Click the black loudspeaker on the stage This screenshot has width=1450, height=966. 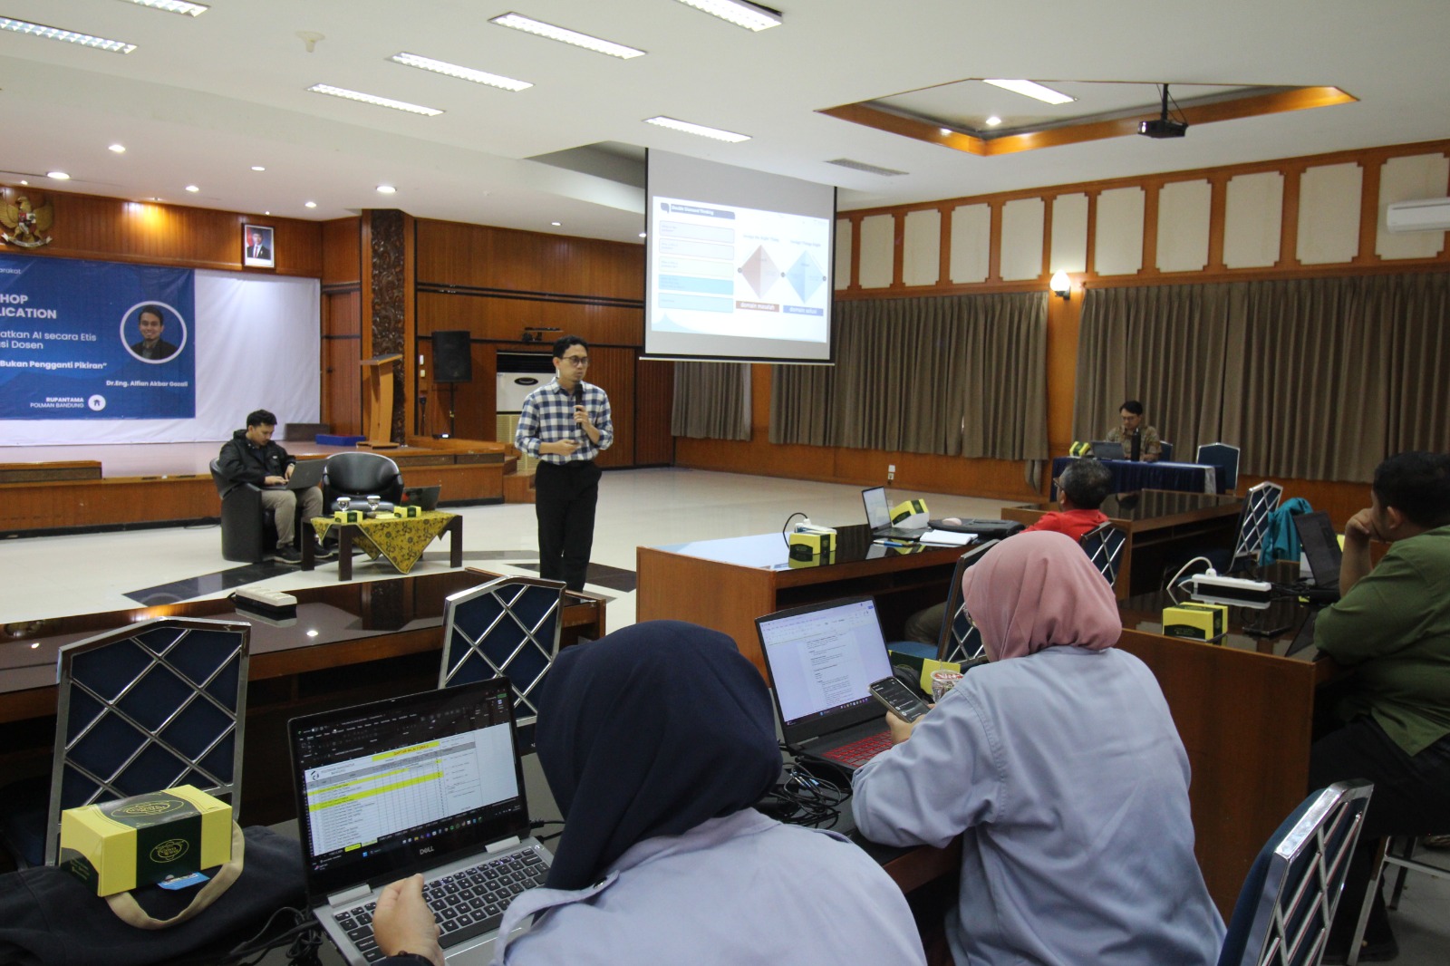[450, 356]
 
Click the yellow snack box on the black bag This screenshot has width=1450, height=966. [145, 835]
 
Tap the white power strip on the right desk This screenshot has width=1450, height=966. [1232, 585]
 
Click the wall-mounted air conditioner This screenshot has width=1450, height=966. [1417, 213]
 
